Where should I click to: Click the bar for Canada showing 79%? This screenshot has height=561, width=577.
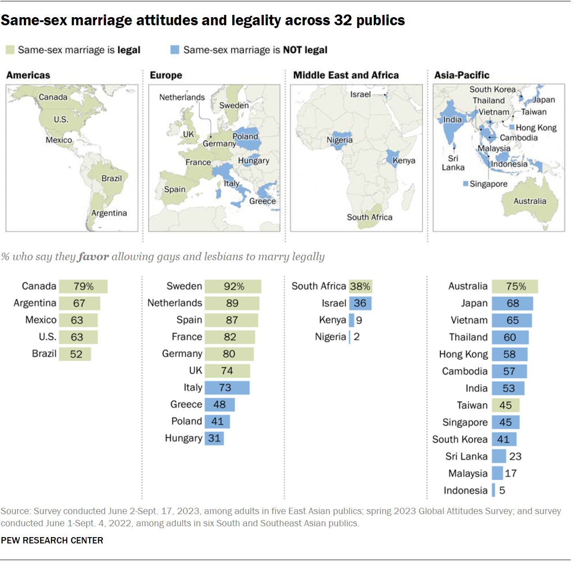click(83, 286)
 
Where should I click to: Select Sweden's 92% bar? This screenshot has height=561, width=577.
click(233, 286)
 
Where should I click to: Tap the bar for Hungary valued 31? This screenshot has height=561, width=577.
click(215, 438)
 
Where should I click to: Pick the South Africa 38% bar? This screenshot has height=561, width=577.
click(360, 286)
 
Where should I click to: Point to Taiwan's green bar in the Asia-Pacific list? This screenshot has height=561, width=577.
click(505, 405)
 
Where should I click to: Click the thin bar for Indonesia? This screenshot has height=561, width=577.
click(494, 490)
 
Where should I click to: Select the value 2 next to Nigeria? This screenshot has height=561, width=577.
click(357, 337)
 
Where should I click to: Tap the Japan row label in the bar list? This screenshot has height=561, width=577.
click(474, 303)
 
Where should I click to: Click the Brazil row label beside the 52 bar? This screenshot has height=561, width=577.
click(44, 354)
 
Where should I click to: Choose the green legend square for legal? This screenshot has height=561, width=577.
click(10, 50)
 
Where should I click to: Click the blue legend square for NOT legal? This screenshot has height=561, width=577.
click(175, 50)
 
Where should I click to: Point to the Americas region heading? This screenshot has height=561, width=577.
click(28, 75)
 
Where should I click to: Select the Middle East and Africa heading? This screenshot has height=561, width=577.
click(346, 75)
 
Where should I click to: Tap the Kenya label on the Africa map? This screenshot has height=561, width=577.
click(403, 161)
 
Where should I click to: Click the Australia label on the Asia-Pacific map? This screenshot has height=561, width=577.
click(530, 201)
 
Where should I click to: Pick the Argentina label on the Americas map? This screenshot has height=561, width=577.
click(109, 213)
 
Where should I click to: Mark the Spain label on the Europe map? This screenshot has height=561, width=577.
click(174, 189)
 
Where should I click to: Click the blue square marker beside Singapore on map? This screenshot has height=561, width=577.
click(466, 184)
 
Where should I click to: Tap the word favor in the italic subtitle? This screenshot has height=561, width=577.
click(93, 257)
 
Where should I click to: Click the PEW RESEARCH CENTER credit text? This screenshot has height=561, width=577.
click(52, 540)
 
